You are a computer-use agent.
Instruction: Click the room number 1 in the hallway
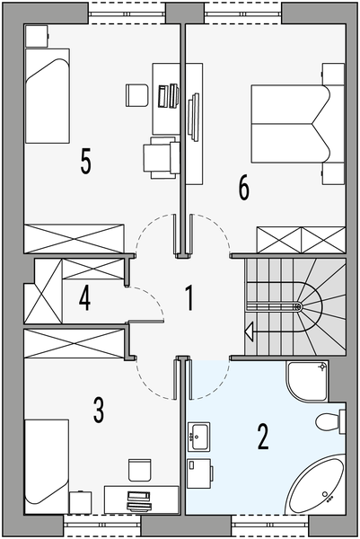coord(189,298)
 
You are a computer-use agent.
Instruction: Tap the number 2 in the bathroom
coord(263,437)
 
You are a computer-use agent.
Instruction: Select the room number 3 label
coord(99,410)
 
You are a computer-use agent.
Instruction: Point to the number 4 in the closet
coord(85,298)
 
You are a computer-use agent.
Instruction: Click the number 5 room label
coord(86,161)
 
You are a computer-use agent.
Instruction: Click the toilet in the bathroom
coord(330,422)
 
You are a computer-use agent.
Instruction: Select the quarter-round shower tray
coord(306,381)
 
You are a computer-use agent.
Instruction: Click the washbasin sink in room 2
coord(199,437)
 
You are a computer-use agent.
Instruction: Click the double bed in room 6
coord(297,124)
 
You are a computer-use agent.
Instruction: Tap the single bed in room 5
coord(48,95)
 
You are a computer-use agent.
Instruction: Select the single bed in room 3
coord(47,466)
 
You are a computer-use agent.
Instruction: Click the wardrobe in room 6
coord(301,240)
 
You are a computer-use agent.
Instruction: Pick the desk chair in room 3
coord(140,470)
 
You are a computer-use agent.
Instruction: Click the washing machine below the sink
coord(199,473)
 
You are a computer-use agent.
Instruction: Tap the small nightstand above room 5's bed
coord(37,35)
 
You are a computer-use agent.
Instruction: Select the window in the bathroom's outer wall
coord(270,525)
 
